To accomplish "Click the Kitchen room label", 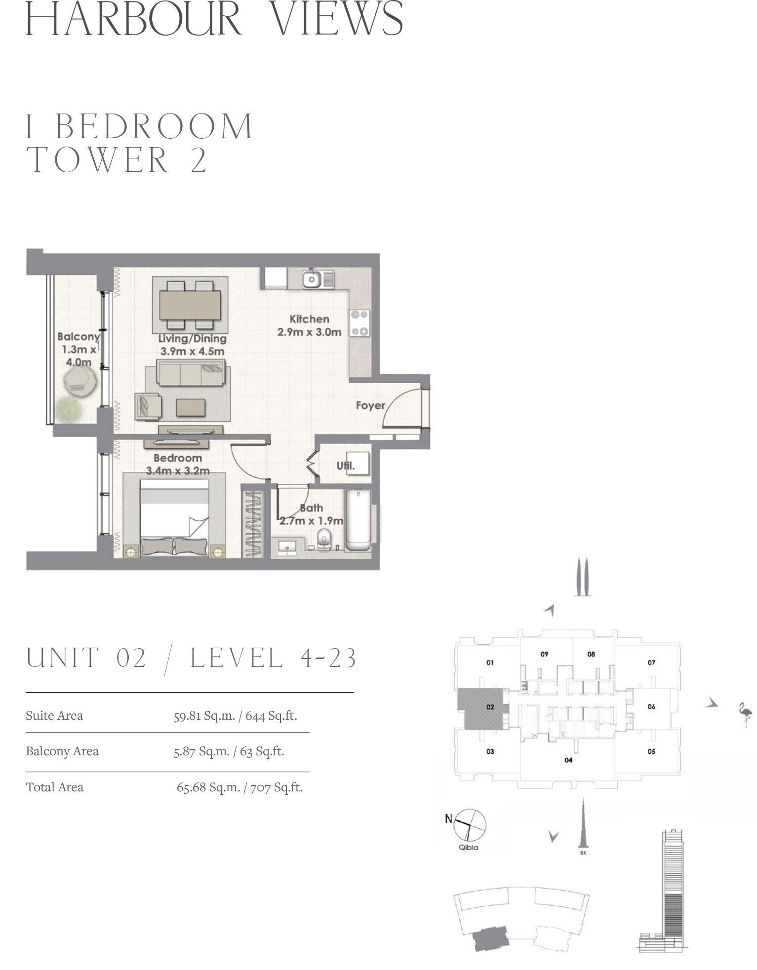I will pyautogui.click(x=309, y=319).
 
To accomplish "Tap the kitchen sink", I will pyautogui.click(x=312, y=279).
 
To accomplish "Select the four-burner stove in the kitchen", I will pyautogui.click(x=359, y=323).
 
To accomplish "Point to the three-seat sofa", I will pyautogui.click(x=190, y=373).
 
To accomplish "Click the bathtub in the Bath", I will pyautogui.click(x=358, y=520).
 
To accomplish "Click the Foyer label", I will pyautogui.click(x=370, y=405).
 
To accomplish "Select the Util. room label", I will pyautogui.click(x=346, y=465).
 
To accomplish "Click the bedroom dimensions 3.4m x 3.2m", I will pyautogui.click(x=178, y=471).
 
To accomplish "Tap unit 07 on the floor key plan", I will pyautogui.click(x=651, y=662).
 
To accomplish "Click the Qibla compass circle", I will pyautogui.click(x=470, y=825).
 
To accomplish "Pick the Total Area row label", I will pyautogui.click(x=55, y=787).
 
